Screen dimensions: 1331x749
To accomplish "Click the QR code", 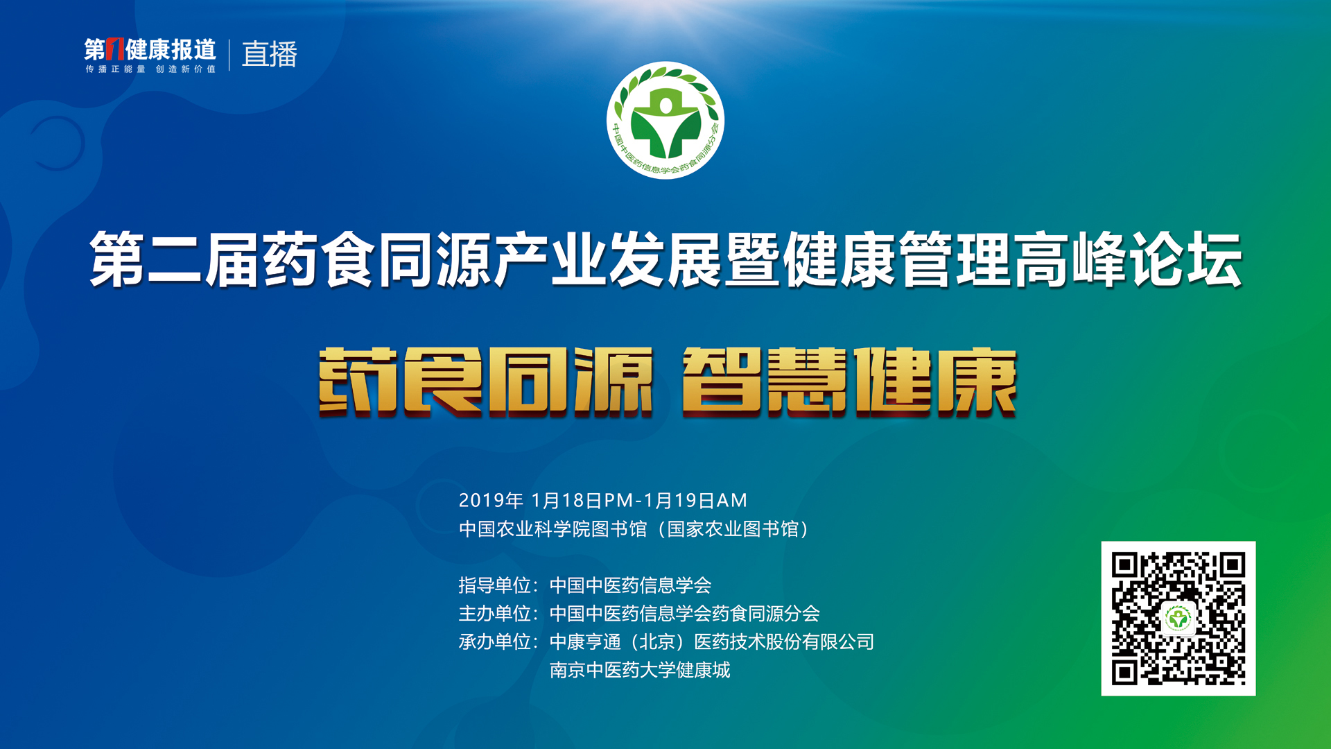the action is (1178, 618).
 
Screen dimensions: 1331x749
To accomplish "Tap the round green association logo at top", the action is (665, 120).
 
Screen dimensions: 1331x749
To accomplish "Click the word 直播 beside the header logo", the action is (270, 54).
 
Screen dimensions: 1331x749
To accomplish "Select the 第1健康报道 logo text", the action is (150, 49).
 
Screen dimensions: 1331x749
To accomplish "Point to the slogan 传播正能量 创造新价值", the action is (150, 69).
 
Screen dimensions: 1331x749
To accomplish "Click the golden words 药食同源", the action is (486, 382).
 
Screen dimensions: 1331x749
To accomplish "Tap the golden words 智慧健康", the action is (850, 382).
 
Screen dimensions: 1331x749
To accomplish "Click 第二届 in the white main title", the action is (175, 259).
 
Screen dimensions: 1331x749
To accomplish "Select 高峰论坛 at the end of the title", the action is (1129, 259).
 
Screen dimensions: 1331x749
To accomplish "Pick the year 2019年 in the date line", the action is (491, 500).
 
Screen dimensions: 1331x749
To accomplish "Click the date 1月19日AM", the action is (695, 500).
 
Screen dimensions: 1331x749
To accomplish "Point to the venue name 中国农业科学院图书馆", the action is (553, 529).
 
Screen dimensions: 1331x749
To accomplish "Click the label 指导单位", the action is (495, 585).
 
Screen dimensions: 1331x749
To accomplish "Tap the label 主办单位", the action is (495, 614).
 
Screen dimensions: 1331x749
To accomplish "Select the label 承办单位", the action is (495, 642).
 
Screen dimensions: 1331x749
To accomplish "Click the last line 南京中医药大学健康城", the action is (640, 670).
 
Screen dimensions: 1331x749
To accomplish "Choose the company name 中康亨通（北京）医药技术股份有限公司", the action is (712, 642).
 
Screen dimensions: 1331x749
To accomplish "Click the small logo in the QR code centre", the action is (1178, 618).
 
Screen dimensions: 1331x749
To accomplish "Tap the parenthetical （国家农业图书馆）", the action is (732, 529).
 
